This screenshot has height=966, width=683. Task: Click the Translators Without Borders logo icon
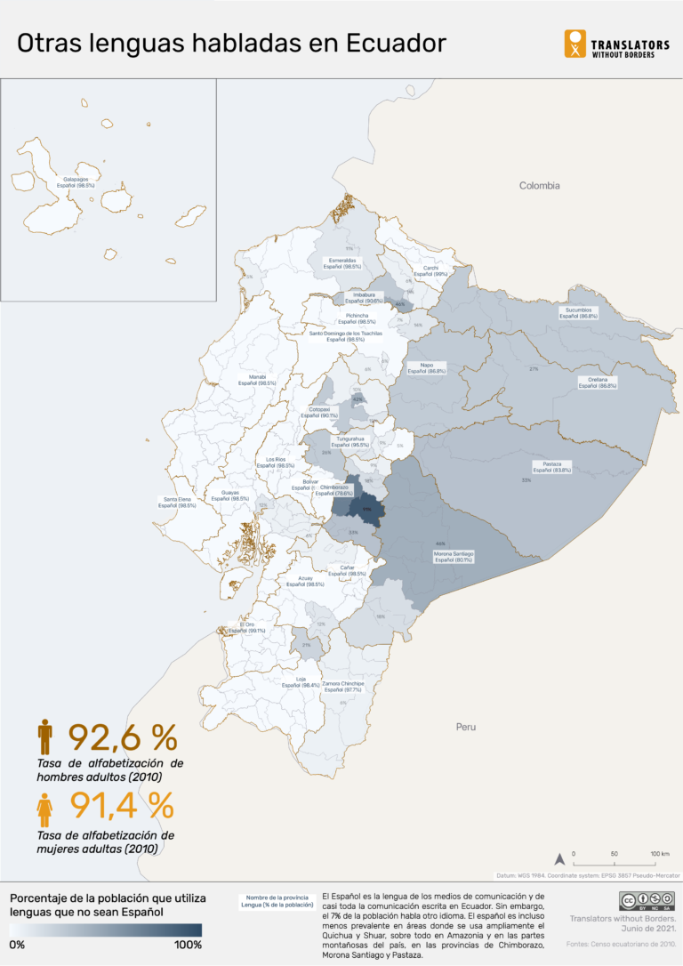(x=575, y=44)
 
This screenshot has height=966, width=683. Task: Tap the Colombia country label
(x=540, y=186)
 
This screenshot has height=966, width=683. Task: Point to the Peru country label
(x=465, y=727)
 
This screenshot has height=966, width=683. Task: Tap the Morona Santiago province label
(x=453, y=557)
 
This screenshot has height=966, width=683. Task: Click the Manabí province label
(x=257, y=380)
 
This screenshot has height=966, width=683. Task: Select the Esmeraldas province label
(x=341, y=263)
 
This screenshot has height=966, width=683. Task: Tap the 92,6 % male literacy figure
(x=123, y=737)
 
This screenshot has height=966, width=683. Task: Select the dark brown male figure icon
(x=45, y=737)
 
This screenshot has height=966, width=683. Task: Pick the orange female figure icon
(x=44, y=809)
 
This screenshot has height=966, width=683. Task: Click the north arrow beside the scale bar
(x=559, y=859)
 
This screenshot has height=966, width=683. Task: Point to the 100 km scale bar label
(x=659, y=853)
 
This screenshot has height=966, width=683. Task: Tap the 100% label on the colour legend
(x=188, y=945)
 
